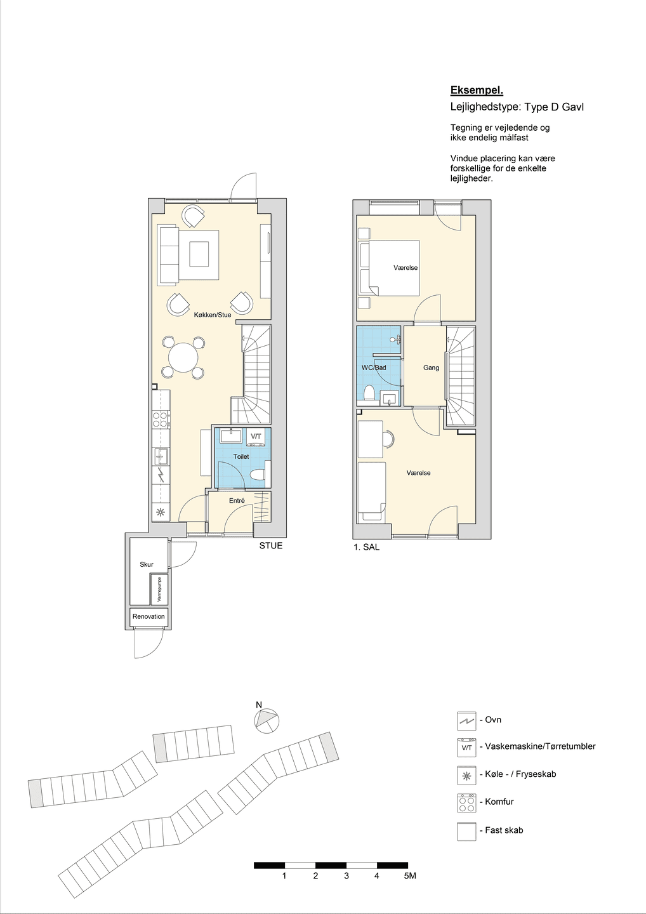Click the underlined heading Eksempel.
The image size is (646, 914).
click(x=477, y=90)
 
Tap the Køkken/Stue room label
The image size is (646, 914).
click(x=212, y=315)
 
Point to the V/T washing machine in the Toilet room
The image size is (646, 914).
click(x=256, y=436)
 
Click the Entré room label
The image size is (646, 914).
click(x=237, y=500)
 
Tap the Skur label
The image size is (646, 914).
click(x=147, y=564)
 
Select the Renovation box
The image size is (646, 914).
click(x=148, y=616)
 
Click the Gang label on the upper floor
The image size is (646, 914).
click(x=431, y=368)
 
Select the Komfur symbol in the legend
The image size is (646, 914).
click(x=466, y=802)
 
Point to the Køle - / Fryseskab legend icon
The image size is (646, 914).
click(x=466, y=775)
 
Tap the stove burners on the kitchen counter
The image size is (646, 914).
click(x=161, y=420)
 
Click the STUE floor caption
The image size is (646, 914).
click(x=271, y=546)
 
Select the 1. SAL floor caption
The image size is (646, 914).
click(x=367, y=548)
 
